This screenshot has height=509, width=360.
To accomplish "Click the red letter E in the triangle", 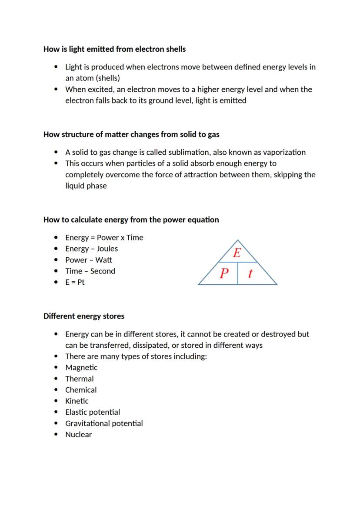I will (x=237, y=253).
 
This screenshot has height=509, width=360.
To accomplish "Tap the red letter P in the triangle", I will (x=224, y=274).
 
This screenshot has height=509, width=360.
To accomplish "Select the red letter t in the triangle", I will (x=250, y=274).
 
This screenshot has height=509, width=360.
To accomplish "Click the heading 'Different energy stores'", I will (x=84, y=316).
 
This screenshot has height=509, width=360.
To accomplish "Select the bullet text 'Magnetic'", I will (x=81, y=367).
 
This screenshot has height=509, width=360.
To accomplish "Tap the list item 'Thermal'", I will (x=80, y=379).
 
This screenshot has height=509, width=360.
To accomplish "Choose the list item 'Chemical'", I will (x=81, y=390).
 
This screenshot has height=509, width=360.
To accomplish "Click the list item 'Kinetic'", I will (x=77, y=401).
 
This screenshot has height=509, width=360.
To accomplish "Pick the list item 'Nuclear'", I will (x=79, y=434).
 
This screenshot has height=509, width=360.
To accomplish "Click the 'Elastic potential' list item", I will (x=93, y=412).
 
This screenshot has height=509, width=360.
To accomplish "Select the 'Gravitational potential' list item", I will (x=104, y=423).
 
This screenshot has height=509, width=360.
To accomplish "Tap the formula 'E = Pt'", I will (x=75, y=282).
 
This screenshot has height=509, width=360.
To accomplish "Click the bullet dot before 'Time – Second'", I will (x=57, y=271).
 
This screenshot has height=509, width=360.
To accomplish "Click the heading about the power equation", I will (x=131, y=220).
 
